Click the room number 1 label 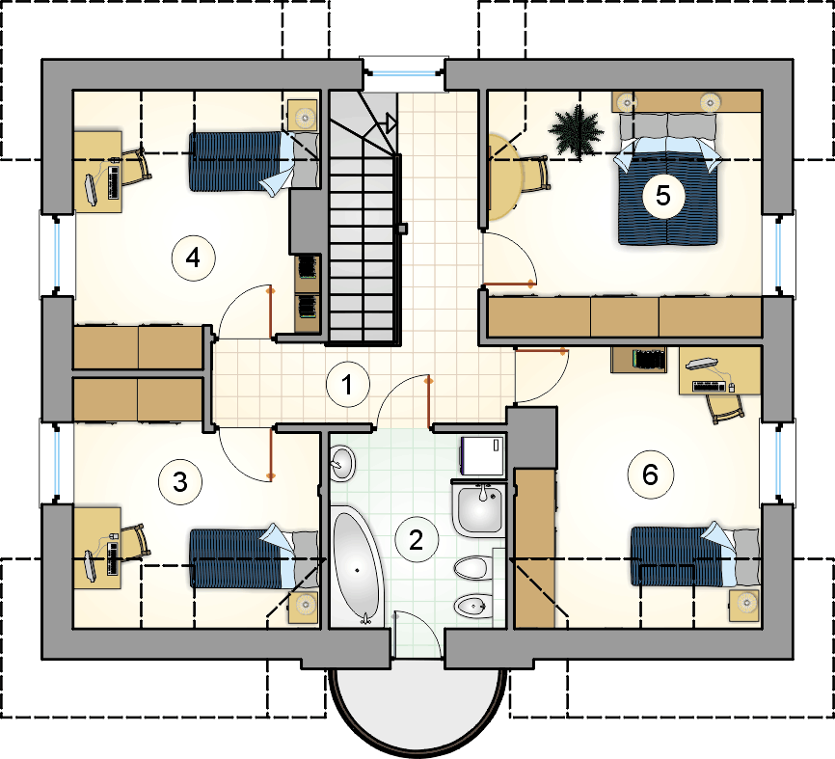point(348,385)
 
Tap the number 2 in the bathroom point(417,540)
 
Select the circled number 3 point(180,482)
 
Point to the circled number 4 point(193,258)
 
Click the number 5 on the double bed point(663,196)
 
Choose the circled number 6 point(651,474)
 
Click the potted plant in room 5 point(577,131)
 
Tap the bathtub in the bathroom point(356,568)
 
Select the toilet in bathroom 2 point(472,568)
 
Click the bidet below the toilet point(472,606)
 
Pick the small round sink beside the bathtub point(342,462)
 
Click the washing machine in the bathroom point(482,455)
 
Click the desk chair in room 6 point(725,409)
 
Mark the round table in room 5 point(503,176)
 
